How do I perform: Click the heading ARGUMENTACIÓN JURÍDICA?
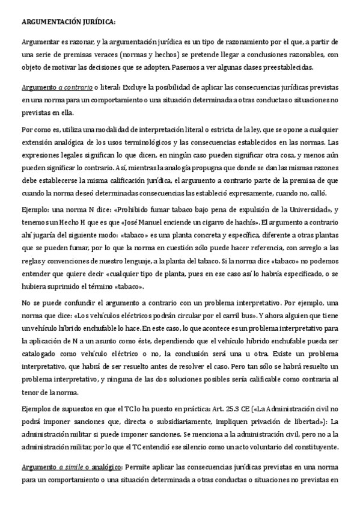[x=69, y=22]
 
